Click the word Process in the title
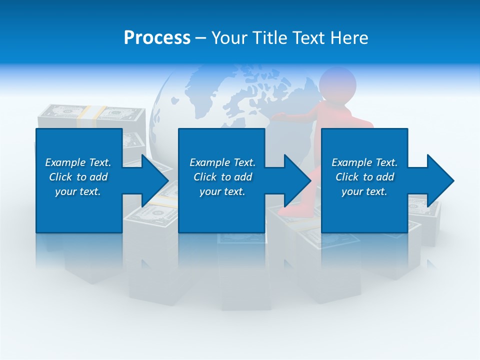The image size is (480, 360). click(x=157, y=38)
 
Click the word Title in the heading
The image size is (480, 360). click(x=267, y=38)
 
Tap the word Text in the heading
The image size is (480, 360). click(x=309, y=38)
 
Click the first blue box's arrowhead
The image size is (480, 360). click(x=155, y=180)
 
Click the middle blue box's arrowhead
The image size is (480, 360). click(x=298, y=180)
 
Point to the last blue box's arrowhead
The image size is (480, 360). click(x=440, y=180)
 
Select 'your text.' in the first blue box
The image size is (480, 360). click(x=78, y=191)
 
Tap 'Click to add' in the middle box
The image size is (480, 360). click(x=222, y=177)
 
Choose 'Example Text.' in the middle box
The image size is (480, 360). click(x=222, y=162)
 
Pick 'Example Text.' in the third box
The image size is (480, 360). click(x=364, y=162)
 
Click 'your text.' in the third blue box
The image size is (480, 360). click(x=364, y=191)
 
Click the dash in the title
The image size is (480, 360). click(x=200, y=38)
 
